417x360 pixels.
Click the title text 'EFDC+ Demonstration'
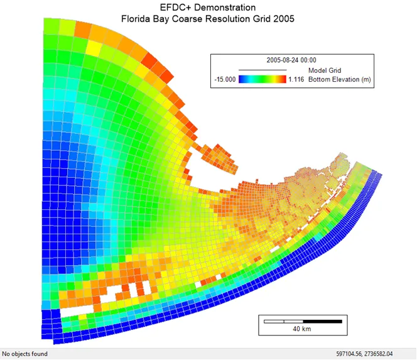[x=208, y=8]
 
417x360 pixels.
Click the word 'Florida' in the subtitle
[x=137, y=19]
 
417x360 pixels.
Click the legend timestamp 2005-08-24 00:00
[x=291, y=60]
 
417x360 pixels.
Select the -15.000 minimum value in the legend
[x=224, y=80]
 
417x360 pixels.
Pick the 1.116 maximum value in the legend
[x=297, y=80]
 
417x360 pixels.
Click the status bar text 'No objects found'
[x=25, y=354]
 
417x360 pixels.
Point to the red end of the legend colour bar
[x=284, y=80]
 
